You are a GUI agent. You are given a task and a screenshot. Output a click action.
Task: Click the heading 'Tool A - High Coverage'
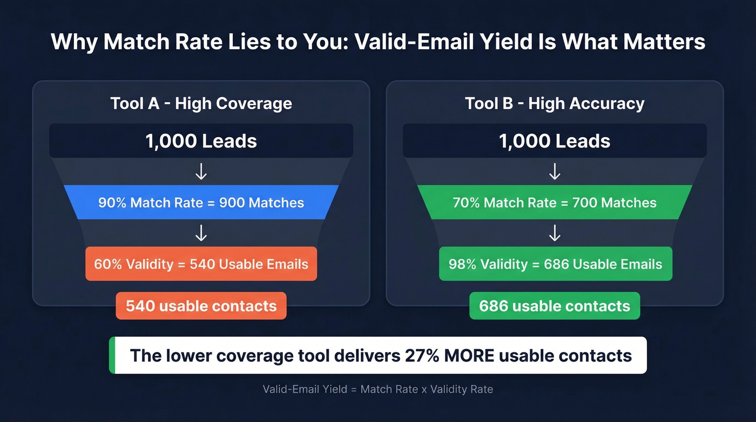click(x=201, y=103)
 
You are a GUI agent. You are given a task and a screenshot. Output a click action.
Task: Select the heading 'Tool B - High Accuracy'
click(x=555, y=103)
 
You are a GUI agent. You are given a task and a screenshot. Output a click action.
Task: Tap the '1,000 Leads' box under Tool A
click(x=201, y=141)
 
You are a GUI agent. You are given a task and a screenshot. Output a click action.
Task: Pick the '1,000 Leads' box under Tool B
click(x=555, y=141)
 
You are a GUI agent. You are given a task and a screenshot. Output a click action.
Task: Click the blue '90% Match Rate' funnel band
click(x=201, y=203)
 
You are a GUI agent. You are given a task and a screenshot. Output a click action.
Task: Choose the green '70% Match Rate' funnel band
click(x=555, y=203)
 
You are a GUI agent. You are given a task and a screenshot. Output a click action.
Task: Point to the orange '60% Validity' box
click(x=201, y=264)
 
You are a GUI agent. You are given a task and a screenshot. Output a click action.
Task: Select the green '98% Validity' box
click(x=555, y=264)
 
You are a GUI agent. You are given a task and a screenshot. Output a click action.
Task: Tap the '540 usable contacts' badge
click(x=201, y=306)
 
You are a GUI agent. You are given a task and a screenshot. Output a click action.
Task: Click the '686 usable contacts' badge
click(x=555, y=306)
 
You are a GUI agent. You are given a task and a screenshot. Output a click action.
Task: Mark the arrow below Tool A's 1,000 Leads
click(x=201, y=171)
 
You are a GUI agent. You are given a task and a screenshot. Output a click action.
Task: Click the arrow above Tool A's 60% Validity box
click(x=201, y=233)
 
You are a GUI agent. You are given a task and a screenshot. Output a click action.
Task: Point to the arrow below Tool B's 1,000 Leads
click(x=555, y=171)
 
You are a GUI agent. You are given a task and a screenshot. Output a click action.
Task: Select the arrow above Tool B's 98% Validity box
click(x=555, y=233)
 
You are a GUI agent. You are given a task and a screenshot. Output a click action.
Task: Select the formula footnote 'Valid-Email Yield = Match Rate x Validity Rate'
click(x=377, y=389)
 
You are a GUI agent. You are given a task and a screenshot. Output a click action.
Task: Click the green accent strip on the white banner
click(x=112, y=355)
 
